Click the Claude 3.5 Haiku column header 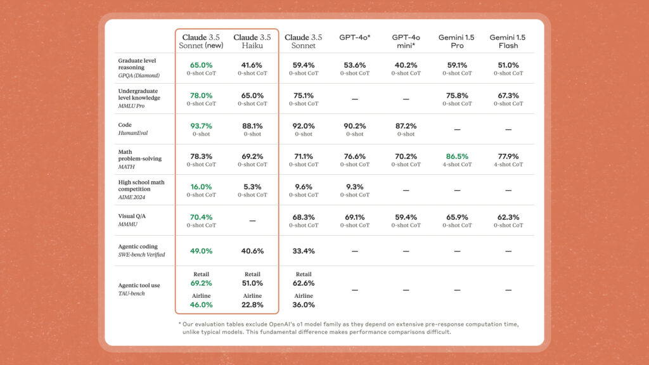tap(252, 41)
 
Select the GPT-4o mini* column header tap(406, 41)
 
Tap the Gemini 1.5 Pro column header tap(456, 41)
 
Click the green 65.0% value tap(201, 65)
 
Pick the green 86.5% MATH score tap(457, 157)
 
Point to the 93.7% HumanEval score tap(201, 126)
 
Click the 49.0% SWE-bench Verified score tap(201, 251)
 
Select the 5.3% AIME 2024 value tap(252, 187)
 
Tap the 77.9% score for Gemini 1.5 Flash tap(508, 157)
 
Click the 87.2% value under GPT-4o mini tap(406, 126)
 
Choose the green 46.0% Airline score tap(201, 305)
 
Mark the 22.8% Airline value tap(252, 305)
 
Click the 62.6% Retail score tap(304, 283)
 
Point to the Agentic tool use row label tap(139, 285)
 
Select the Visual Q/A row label tap(132, 216)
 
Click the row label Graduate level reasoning tap(137, 64)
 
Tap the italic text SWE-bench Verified tap(141, 255)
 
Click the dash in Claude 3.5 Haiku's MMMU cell tap(252, 221)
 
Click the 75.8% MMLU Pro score tap(457, 96)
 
